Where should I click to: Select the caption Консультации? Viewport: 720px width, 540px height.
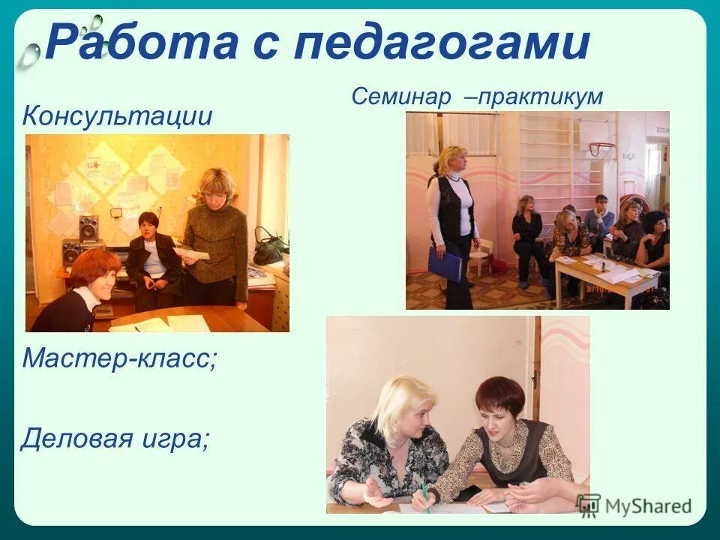(x=117, y=115)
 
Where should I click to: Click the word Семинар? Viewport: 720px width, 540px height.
(x=401, y=96)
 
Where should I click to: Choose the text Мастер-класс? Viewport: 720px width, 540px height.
(x=118, y=357)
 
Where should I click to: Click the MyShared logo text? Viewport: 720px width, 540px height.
(x=649, y=505)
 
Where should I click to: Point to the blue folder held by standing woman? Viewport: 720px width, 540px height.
(x=445, y=263)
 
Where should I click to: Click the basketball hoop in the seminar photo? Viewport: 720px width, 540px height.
(x=600, y=148)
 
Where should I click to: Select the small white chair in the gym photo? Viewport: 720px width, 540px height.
(x=481, y=254)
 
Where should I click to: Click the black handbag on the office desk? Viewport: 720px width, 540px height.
(x=268, y=247)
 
